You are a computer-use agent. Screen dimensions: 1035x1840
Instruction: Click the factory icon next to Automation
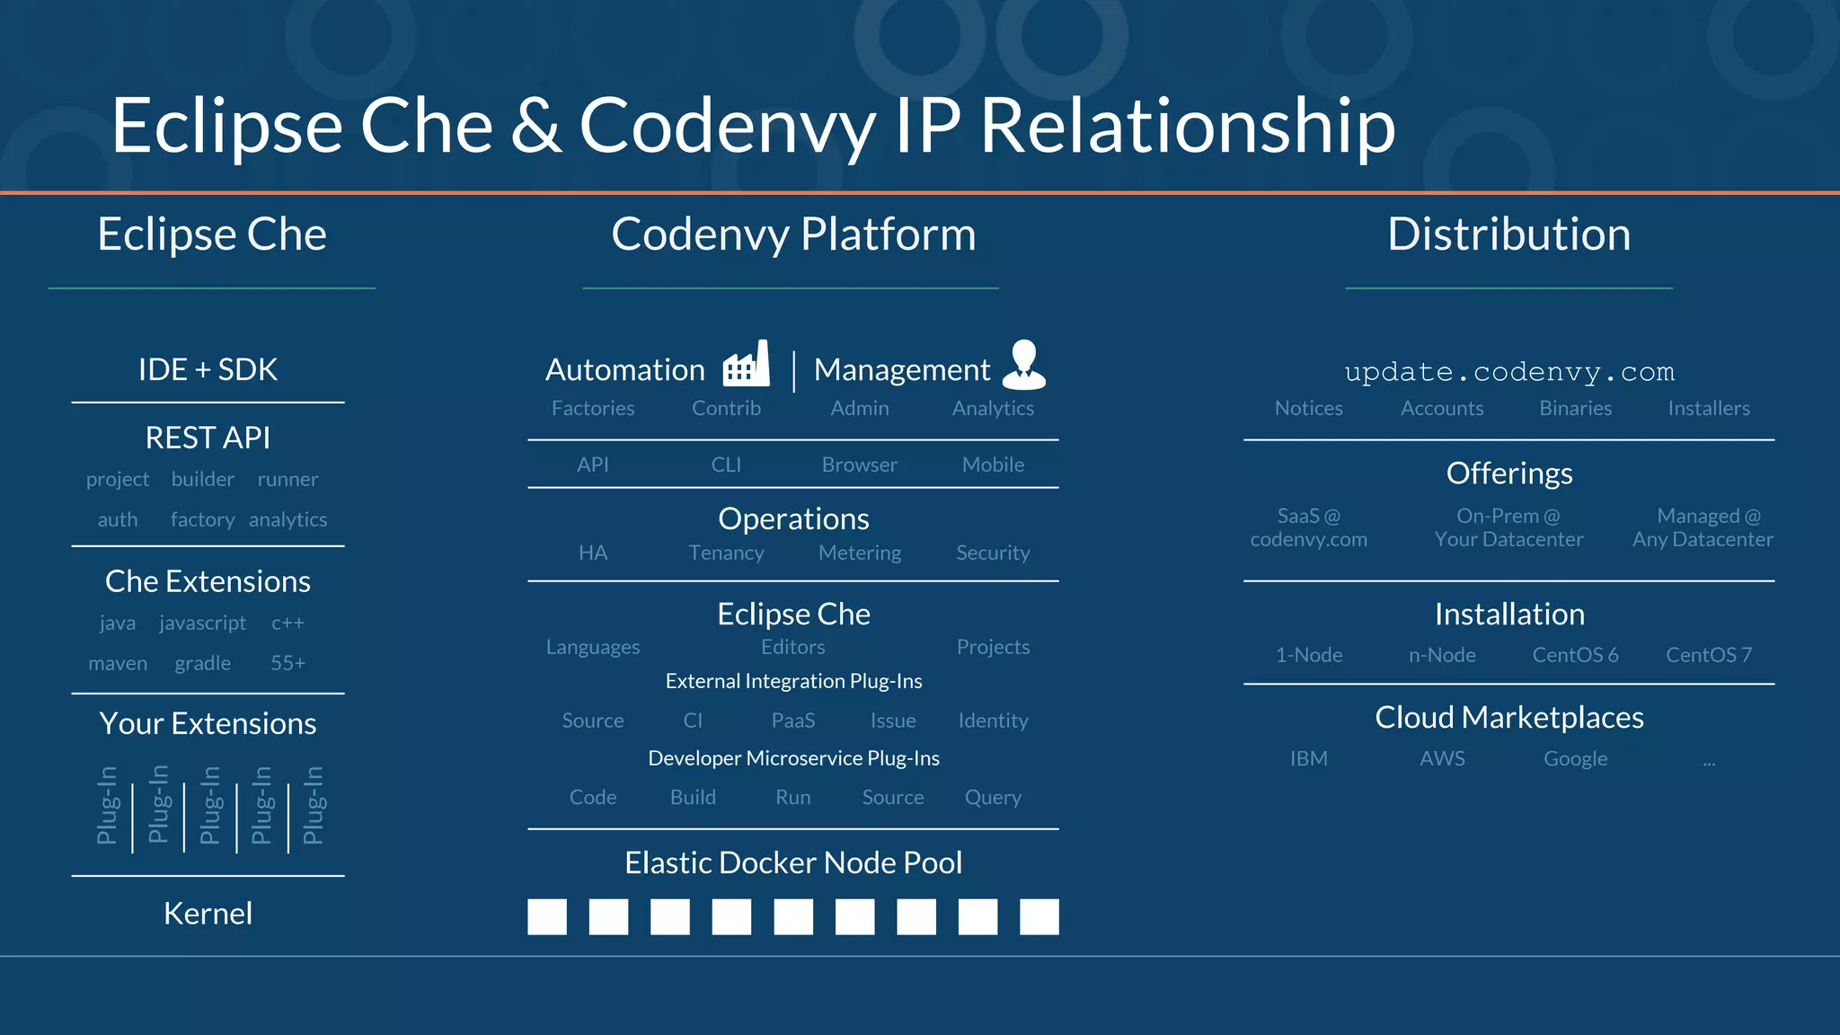tap(747, 365)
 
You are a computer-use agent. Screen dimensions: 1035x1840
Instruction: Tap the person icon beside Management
tap(1024, 365)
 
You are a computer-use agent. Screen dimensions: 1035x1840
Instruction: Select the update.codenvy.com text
tap(1508, 371)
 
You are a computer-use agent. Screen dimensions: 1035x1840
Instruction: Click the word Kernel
tap(208, 914)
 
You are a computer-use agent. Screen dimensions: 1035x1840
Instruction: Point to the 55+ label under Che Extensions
tap(287, 663)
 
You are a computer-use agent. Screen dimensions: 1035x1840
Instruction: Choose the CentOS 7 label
tap(1708, 655)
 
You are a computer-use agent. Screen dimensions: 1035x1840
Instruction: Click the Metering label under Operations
tap(859, 553)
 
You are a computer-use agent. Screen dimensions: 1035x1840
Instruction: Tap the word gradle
tap(202, 663)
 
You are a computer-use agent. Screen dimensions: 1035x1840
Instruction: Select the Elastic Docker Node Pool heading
tap(792, 862)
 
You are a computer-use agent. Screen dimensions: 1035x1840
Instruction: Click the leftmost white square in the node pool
tap(547, 916)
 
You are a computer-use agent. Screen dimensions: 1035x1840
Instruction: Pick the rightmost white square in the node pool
tap(1039, 916)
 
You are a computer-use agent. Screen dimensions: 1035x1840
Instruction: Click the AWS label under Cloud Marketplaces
tap(1442, 758)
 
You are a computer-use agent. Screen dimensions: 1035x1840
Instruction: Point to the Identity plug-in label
tap(993, 721)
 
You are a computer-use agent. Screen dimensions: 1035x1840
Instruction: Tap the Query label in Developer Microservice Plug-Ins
tap(993, 798)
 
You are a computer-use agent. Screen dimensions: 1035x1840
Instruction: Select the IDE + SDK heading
tap(208, 369)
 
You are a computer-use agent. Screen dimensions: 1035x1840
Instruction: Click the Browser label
tap(859, 464)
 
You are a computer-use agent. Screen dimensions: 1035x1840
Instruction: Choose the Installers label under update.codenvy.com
tap(1708, 408)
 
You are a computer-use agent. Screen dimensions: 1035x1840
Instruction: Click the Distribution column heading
tap(1508, 234)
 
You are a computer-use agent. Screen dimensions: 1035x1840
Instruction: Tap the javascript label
tap(202, 623)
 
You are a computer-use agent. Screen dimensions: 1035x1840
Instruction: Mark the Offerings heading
tap(1508, 473)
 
